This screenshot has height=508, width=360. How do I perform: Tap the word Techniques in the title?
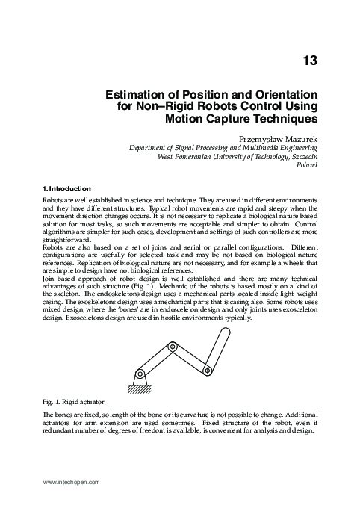tap(282, 119)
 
